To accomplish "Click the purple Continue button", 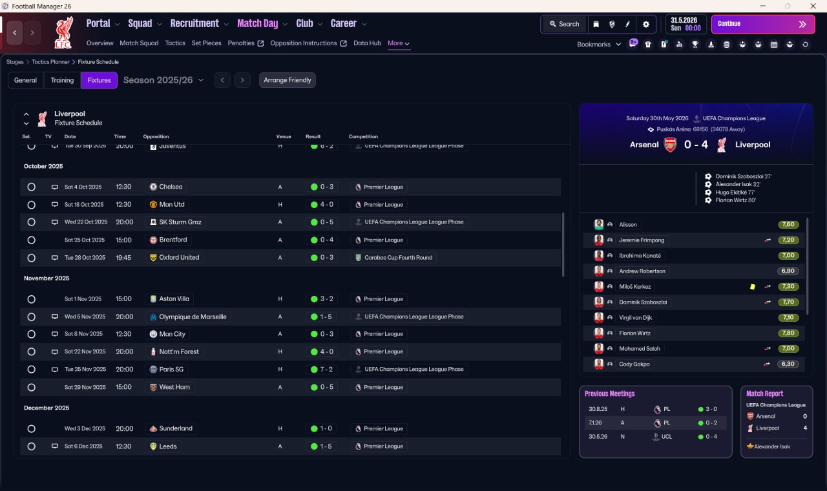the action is click(763, 24).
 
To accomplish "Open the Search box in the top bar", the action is click(565, 24).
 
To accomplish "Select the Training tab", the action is click(62, 80).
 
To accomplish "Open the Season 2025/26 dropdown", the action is click(163, 80).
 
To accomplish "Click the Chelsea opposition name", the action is click(171, 187).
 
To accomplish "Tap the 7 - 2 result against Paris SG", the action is click(326, 369).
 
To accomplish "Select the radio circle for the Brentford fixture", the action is click(32, 240).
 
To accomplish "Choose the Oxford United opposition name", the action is click(179, 257).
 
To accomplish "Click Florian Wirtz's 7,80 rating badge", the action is click(788, 333).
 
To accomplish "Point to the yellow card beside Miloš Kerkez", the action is click(753, 286).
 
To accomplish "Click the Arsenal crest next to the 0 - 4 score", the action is click(671, 145).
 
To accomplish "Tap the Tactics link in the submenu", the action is click(175, 43).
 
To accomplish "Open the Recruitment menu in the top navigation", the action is click(194, 24).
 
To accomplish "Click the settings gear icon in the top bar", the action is click(645, 25).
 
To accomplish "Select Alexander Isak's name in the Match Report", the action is click(772, 446).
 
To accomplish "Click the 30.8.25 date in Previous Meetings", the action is click(598, 409).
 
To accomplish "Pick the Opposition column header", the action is click(156, 136).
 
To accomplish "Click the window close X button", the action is click(813, 6).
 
